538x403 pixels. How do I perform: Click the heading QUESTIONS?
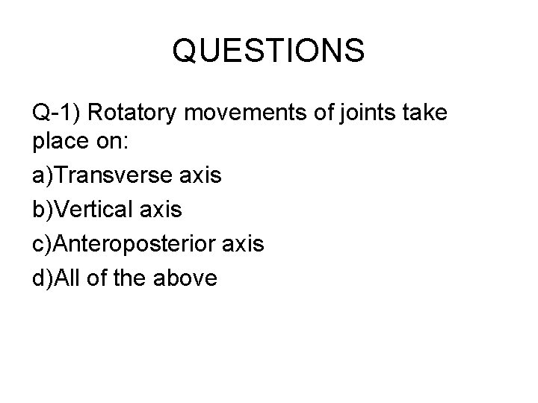[268, 51]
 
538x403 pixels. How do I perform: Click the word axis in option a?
[201, 176]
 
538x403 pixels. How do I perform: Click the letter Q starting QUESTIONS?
[185, 51]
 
